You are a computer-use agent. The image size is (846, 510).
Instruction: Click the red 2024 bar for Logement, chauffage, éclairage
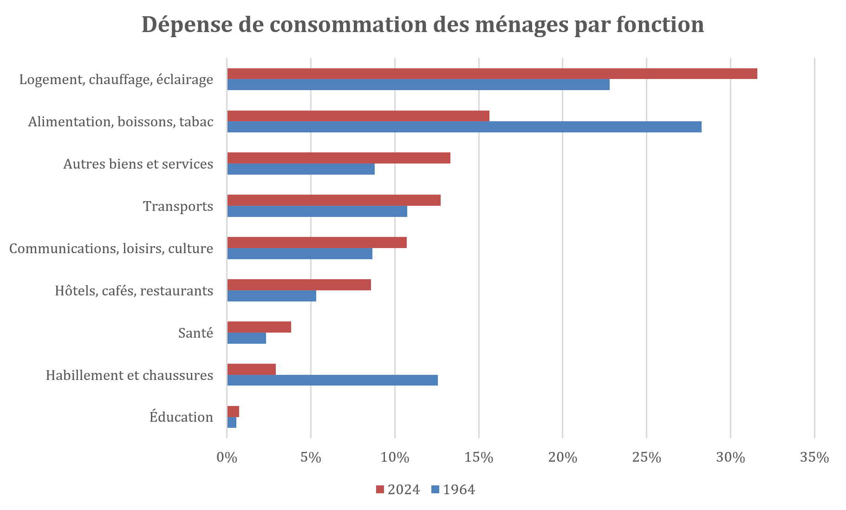492,73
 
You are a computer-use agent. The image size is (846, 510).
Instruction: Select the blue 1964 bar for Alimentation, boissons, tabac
464,127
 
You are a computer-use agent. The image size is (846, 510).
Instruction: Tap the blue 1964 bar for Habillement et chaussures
332,380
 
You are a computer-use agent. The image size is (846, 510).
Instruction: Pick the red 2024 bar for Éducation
233,412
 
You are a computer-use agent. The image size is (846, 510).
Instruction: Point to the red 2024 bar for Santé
259,327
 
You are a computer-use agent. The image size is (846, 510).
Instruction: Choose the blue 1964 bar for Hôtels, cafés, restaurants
272,296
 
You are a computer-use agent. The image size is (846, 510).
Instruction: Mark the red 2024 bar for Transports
334,200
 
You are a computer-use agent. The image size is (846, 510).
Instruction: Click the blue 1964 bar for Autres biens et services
301,169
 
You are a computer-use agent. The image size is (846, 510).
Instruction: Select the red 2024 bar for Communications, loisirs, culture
317,242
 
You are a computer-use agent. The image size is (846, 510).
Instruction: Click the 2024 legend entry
398,490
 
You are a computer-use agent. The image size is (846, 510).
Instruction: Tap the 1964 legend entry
453,490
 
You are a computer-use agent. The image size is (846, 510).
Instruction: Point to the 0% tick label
227,458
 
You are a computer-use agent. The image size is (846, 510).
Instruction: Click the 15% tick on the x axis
479,458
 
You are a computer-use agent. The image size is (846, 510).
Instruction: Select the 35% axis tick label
814,458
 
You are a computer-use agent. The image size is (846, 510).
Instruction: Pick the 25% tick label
646,458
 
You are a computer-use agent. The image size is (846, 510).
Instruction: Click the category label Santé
195,333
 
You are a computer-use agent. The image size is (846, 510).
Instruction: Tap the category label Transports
178,206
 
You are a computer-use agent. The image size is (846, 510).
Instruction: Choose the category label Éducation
181,417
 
